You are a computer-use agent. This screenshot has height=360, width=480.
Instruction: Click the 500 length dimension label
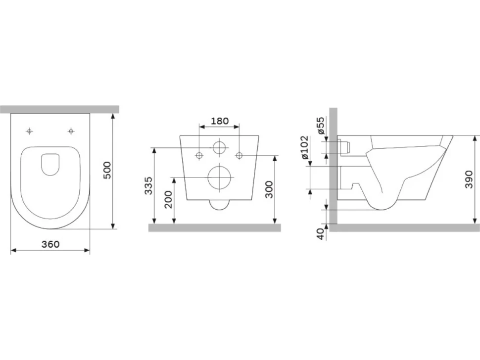pos(107,171)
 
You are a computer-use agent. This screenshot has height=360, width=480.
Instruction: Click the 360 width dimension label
pos(50,244)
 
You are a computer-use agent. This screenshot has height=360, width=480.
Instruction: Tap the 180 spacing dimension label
pos(220,121)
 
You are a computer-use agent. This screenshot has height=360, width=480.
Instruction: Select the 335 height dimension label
pos(148,185)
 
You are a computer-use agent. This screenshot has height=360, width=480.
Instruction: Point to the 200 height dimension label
pos(169,199)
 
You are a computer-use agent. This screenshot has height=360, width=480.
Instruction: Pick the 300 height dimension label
pos(269,189)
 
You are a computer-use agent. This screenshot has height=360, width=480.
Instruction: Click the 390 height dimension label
pos(469,180)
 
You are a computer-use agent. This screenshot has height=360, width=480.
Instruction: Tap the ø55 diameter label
pos(320,126)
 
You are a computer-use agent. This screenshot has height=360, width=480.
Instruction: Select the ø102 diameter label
pos(305,148)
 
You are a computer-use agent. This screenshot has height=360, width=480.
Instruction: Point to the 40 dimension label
pos(320,234)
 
